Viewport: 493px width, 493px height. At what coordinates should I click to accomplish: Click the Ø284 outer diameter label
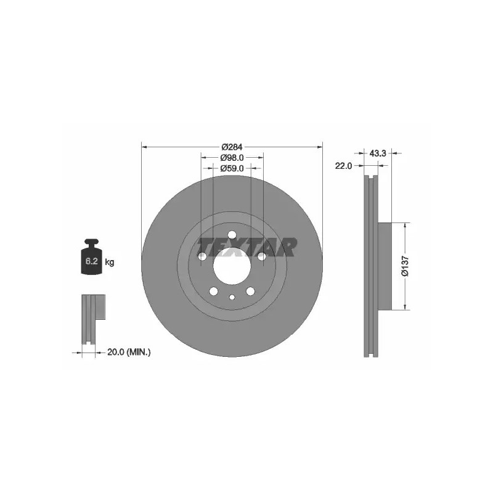pos(232,147)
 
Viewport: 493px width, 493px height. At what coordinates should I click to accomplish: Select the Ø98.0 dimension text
pos(232,157)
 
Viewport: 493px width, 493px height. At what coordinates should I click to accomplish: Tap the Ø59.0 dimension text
pos(232,168)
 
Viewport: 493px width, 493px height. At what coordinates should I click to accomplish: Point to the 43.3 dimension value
pos(378,153)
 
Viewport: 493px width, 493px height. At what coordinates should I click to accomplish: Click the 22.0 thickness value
pos(343,166)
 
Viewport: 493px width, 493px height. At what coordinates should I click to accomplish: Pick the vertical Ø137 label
pos(405,266)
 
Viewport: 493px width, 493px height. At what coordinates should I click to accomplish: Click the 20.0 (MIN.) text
pos(129,352)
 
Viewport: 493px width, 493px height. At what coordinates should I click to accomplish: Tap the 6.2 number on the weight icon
pos(91,261)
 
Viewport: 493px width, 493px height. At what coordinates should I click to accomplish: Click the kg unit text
pos(110,261)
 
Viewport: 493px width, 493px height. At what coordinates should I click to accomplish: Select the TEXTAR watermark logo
pos(247,247)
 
